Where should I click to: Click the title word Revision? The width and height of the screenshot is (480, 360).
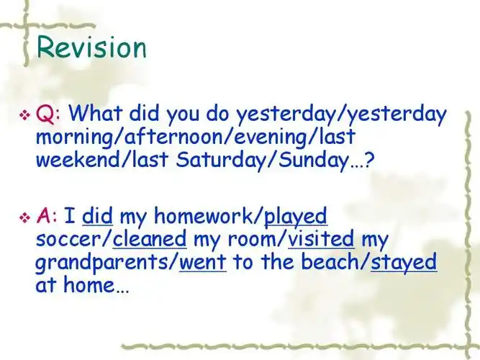[91, 47]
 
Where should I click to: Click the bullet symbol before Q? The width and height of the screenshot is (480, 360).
[24, 114]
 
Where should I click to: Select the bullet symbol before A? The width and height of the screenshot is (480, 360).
[24, 217]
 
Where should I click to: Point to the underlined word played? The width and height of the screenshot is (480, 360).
[296, 216]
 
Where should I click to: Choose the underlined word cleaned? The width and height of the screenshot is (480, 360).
[150, 239]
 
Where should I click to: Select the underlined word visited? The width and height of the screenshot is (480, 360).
[323, 239]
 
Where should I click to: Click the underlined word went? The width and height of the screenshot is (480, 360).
[202, 262]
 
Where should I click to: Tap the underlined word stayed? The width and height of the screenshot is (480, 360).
[404, 262]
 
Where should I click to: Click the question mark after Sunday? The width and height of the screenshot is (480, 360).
[369, 160]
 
